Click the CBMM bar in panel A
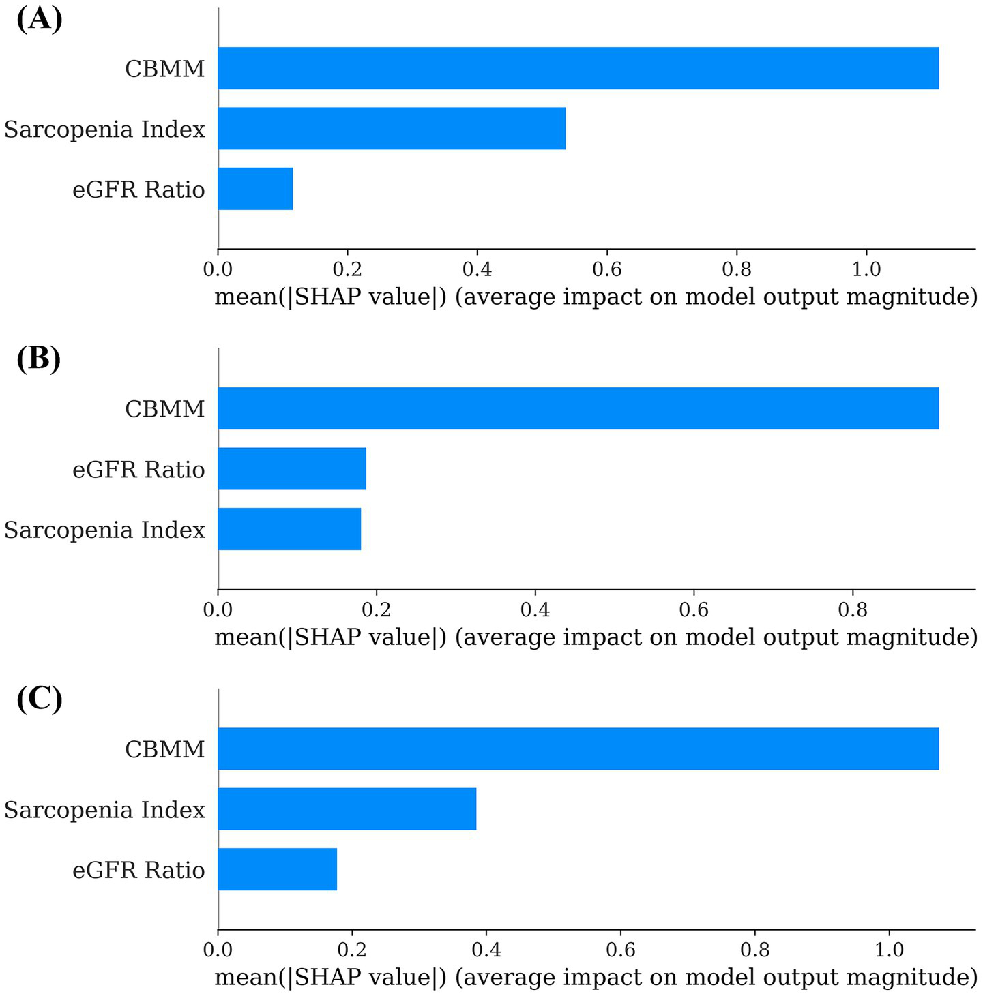578,68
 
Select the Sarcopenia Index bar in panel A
392,128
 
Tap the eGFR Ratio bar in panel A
255,189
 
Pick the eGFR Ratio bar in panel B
292,468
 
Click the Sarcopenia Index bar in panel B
289,529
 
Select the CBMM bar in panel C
578,749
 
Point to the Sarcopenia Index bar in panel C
347,809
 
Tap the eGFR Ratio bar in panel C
277,869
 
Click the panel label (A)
39,19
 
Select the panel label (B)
39,359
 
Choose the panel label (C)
39,699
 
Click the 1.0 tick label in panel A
866,269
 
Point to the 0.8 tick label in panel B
852,609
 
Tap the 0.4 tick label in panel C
486,950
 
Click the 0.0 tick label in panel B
218,609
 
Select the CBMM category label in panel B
164,409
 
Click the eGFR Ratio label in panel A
138,190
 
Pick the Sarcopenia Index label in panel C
104,810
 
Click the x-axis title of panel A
596,297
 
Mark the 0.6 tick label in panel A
606,269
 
